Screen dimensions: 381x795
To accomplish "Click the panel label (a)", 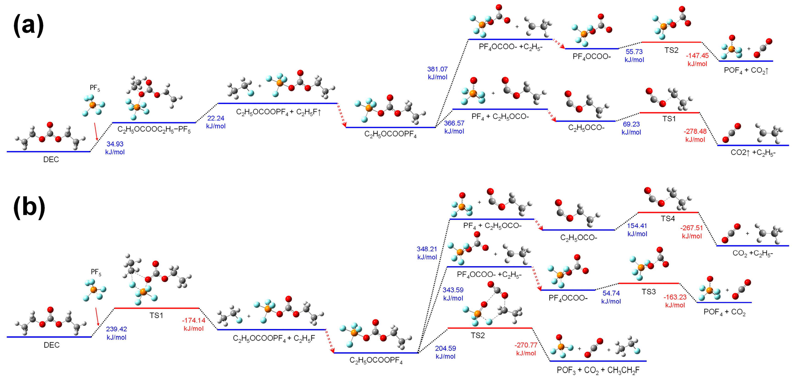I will coord(28,26).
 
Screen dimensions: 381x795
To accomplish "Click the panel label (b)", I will coord(29,207).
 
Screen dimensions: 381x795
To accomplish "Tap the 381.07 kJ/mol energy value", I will coord(437,73).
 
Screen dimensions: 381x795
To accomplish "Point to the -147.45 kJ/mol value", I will coord(697,60).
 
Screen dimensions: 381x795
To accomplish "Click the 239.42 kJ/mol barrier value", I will coord(116,333).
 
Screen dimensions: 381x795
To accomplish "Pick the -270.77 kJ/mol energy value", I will coord(526,349).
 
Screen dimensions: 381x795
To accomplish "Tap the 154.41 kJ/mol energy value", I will coord(637,230).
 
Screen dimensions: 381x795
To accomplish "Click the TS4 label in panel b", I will coord(668,219).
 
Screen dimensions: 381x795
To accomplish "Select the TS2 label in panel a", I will coord(671,50).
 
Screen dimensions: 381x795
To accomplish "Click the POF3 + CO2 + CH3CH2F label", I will coord(598,370).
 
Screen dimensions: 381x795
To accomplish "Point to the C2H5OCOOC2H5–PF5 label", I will coord(154,130).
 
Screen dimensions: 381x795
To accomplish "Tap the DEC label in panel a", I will coord(51,160).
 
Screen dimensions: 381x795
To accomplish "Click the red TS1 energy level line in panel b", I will coord(157,308).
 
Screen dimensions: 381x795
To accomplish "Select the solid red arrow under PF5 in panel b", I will coord(97,316).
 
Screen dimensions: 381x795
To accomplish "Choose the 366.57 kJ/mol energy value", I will coord(454,127).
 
